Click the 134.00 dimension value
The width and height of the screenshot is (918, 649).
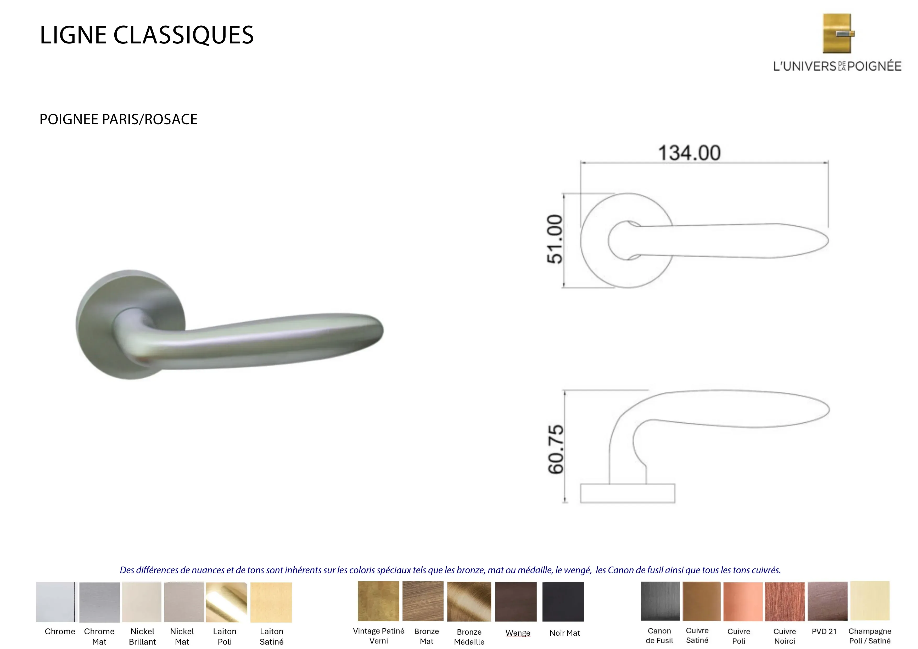(x=689, y=153)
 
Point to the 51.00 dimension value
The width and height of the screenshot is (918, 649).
(x=555, y=239)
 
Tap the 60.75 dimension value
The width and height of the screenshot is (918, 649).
(x=556, y=450)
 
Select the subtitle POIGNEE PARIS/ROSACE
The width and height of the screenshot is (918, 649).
(x=118, y=119)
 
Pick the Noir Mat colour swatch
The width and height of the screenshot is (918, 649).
(x=563, y=601)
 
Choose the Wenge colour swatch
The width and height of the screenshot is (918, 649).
(x=516, y=601)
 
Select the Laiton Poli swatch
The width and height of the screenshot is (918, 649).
(x=226, y=602)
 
